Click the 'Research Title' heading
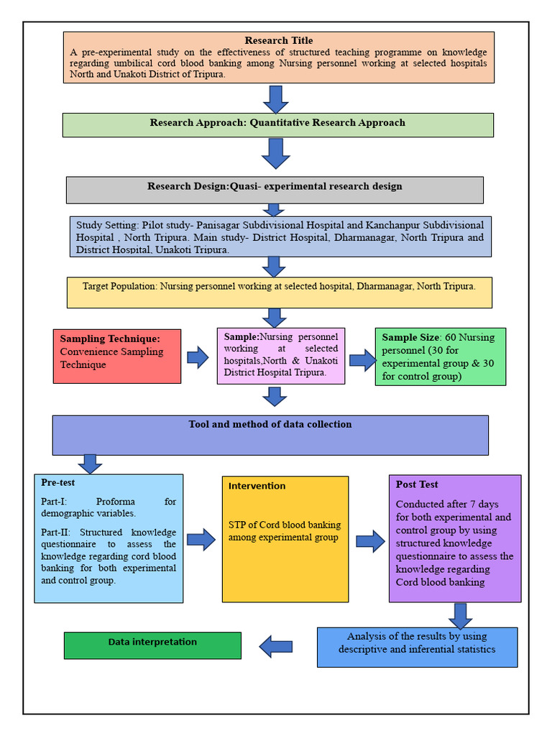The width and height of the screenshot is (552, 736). (279, 41)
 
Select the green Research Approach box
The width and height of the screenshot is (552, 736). (277, 124)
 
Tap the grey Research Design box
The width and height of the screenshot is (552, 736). (275, 189)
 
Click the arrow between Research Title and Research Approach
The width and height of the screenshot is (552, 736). (275, 98)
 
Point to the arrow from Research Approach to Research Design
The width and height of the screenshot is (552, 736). (275, 153)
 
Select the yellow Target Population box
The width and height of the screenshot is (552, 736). (279, 292)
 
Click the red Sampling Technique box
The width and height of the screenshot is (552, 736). (116, 356)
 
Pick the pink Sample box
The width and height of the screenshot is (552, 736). (280, 355)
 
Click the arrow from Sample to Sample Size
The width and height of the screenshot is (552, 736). (362, 359)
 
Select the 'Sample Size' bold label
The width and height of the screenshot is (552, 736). (410, 337)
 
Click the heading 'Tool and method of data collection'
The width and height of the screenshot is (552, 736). (270, 425)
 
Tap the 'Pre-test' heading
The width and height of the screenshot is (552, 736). (58, 483)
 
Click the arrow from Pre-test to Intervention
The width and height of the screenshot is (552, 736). (201, 539)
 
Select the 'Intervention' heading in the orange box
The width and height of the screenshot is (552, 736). (257, 487)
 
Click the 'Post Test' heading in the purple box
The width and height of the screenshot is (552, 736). (417, 484)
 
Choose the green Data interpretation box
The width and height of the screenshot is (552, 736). (152, 645)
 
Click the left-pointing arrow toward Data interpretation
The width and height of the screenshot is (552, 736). (276, 646)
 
